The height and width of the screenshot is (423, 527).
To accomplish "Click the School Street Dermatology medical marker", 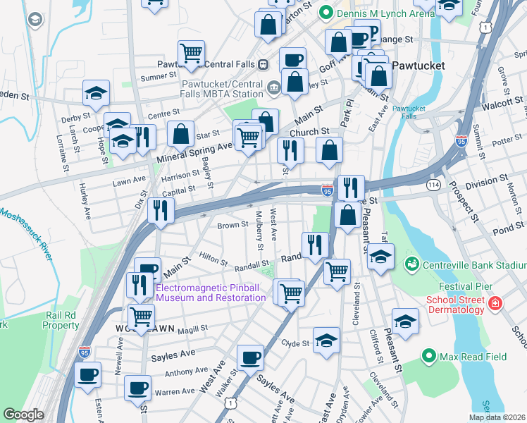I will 496,304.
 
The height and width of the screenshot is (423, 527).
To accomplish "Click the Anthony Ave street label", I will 187,372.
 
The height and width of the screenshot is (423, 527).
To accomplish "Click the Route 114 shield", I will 430,184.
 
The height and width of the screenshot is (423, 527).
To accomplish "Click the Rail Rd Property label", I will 61,321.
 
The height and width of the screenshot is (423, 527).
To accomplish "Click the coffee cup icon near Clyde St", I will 249,357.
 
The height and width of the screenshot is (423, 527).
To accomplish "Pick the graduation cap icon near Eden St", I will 96,92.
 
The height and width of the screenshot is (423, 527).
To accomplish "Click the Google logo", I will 23,415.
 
